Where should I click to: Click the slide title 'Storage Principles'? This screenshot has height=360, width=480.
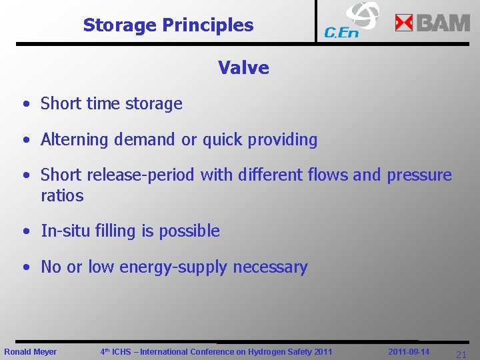168,25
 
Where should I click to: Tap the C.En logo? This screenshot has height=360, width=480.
351,21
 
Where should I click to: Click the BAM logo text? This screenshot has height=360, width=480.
443,23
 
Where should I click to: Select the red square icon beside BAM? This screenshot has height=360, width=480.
404,23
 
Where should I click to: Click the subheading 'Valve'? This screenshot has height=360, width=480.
243,67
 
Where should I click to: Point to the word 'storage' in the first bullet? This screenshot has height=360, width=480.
157,104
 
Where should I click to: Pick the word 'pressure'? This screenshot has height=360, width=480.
419,175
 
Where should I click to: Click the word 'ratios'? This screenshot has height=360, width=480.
62,196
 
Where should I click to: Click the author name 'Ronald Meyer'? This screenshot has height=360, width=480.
31,351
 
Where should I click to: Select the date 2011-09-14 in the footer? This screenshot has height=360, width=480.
409,351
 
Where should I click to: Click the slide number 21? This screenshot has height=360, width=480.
461,355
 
